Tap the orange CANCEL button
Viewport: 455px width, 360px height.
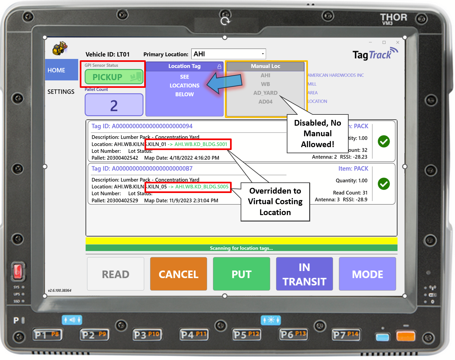point(178,274)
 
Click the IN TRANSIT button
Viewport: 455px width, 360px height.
point(304,274)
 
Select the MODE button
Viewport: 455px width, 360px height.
point(367,274)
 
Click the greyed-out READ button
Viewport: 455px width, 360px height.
point(116,274)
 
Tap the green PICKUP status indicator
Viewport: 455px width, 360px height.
point(114,77)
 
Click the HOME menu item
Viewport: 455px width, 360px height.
point(57,70)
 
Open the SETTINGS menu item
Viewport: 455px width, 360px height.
point(61,92)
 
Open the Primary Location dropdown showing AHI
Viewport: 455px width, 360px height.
point(228,54)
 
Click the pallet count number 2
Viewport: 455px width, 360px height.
point(114,105)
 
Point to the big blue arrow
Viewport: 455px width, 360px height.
point(224,83)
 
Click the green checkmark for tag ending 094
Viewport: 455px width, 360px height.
point(384,141)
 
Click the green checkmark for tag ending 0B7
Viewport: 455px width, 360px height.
point(384,184)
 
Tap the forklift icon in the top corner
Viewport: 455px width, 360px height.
point(60,48)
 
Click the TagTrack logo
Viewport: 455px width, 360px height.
point(375,54)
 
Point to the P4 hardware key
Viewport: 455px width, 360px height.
point(194,335)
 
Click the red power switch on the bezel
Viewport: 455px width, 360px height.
point(18,271)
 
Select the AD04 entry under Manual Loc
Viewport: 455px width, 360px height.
point(265,102)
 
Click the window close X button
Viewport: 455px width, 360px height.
point(398,42)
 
